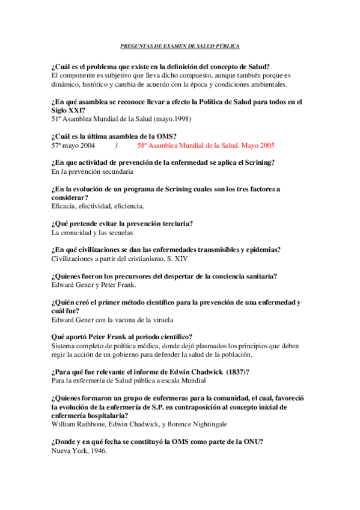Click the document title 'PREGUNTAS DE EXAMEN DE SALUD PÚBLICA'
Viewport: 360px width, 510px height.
[x=180, y=46]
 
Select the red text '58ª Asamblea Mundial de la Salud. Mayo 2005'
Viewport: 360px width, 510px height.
[x=206, y=146]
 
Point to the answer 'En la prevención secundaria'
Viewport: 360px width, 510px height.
[x=92, y=171]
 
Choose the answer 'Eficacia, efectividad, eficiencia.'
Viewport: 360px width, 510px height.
[x=98, y=206]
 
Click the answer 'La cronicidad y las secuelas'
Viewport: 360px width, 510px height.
[x=92, y=233]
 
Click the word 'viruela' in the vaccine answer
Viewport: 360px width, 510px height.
[x=170, y=319]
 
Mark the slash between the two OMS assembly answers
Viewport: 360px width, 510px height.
[x=116, y=146]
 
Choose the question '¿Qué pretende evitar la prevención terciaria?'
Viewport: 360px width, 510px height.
[x=122, y=224]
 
